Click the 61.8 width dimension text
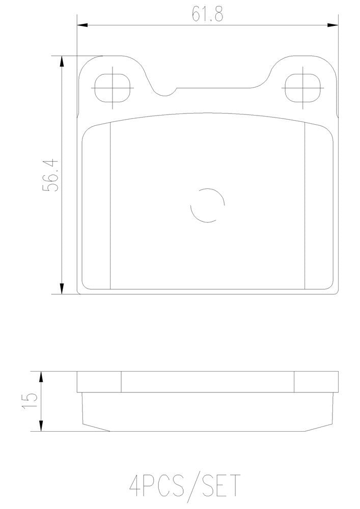(x=207, y=14)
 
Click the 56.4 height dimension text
(x=51, y=175)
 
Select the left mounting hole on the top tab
(x=113, y=88)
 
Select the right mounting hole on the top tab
(x=302, y=88)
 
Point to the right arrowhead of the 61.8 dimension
(x=333, y=24)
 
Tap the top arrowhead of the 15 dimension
(x=41, y=376)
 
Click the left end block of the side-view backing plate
(x=99, y=382)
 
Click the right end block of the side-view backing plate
(x=316, y=382)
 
